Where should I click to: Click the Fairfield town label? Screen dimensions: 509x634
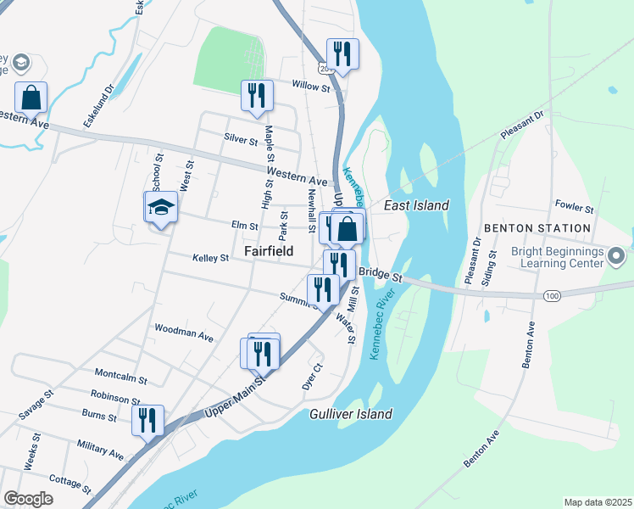(269, 252)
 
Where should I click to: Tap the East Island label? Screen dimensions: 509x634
(416, 205)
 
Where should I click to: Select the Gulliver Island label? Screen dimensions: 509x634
(350, 414)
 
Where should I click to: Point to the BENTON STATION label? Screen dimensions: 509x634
(537, 228)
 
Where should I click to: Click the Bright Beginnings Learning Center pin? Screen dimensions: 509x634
(616, 255)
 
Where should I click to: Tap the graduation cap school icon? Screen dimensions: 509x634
(160, 207)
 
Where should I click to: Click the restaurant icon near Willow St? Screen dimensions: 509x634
(342, 54)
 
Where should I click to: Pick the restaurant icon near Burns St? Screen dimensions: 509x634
(147, 419)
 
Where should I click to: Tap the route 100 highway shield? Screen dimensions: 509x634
(553, 295)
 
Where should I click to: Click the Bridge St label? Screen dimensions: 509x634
(379, 273)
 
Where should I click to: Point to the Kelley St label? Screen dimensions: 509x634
(211, 257)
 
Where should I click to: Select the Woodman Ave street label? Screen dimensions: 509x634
(184, 332)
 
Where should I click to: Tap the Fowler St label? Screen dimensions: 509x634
(575, 205)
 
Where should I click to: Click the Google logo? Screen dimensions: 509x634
(28, 498)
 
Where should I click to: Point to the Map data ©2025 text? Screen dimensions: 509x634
(598, 502)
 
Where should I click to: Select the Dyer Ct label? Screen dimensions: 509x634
(313, 377)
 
